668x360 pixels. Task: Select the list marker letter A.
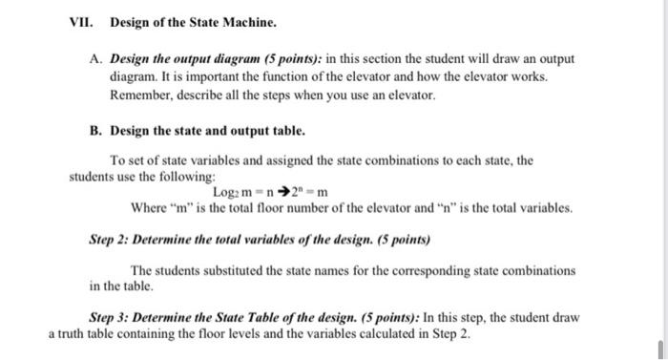point(94,58)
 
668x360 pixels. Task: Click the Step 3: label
point(112,316)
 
